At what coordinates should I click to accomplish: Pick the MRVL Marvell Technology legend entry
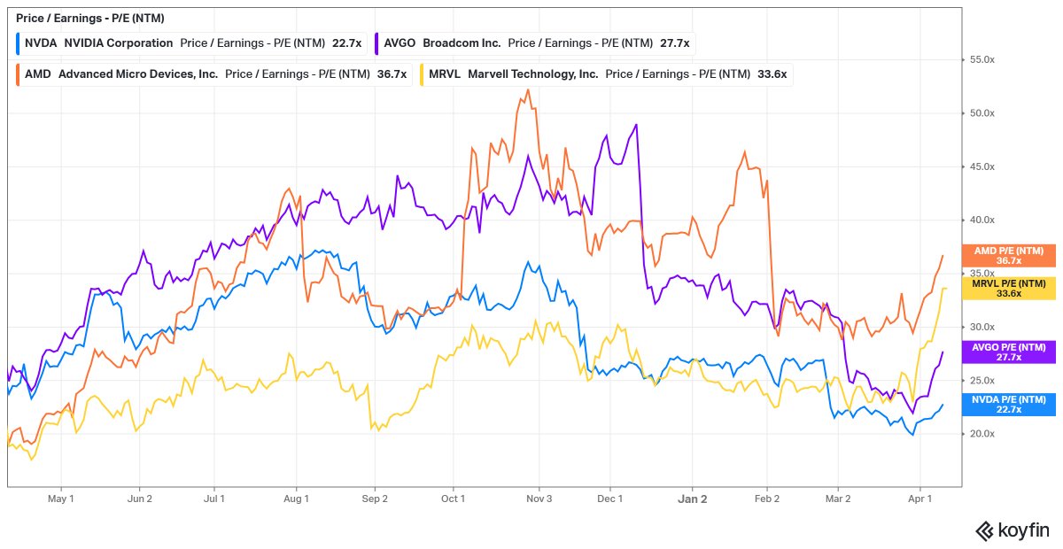[x=513, y=74]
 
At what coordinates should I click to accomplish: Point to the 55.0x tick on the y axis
[x=982, y=59]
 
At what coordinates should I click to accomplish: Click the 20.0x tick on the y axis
[x=982, y=434]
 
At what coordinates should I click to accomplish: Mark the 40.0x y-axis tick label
[x=982, y=220]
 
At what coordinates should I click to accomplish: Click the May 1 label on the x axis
[x=60, y=499]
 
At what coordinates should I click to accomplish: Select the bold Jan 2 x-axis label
[x=693, y=499]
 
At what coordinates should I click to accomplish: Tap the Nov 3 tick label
[x=539, y=499]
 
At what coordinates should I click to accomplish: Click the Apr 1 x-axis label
[x=920, y=499]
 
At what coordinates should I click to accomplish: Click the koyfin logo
[x=1012, y=530]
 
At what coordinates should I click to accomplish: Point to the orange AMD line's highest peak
[x=528, y=89]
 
